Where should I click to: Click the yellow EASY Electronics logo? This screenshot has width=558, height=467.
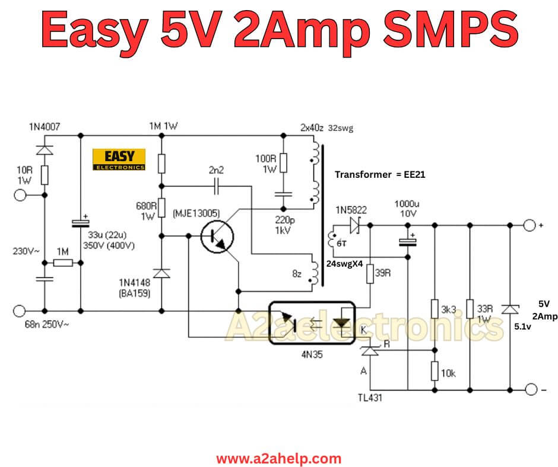coord(119,159)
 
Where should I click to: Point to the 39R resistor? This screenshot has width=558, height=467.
coord(370,273)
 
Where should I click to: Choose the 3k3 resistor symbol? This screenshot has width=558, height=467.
coord(435,309)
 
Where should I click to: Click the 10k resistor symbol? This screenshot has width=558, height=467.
coord(435,371)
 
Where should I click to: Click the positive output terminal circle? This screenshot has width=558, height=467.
coord(528,225)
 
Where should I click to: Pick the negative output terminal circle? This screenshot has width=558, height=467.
coord(528,390)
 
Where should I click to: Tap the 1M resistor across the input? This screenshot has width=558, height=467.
coord(62,263)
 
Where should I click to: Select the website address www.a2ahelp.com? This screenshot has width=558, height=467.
coord(278,458)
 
